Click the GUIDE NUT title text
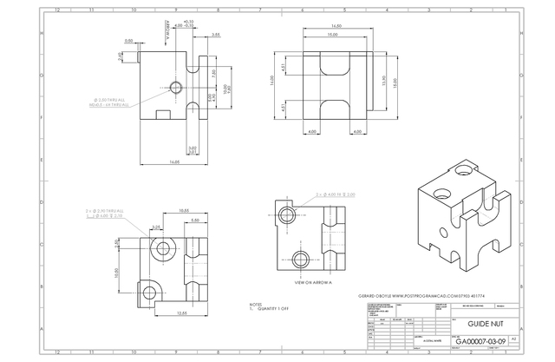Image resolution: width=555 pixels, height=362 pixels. [x=483, y=322]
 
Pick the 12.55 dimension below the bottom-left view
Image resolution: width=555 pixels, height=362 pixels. [x=182, y=312]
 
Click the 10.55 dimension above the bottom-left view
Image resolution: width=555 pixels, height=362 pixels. [x=184, y=211]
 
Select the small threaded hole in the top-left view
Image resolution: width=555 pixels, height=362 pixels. [x=176, y=87]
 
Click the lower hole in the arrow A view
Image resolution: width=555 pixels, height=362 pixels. [x=302, y=257]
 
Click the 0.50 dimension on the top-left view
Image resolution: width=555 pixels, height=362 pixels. [x=129, y=40]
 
